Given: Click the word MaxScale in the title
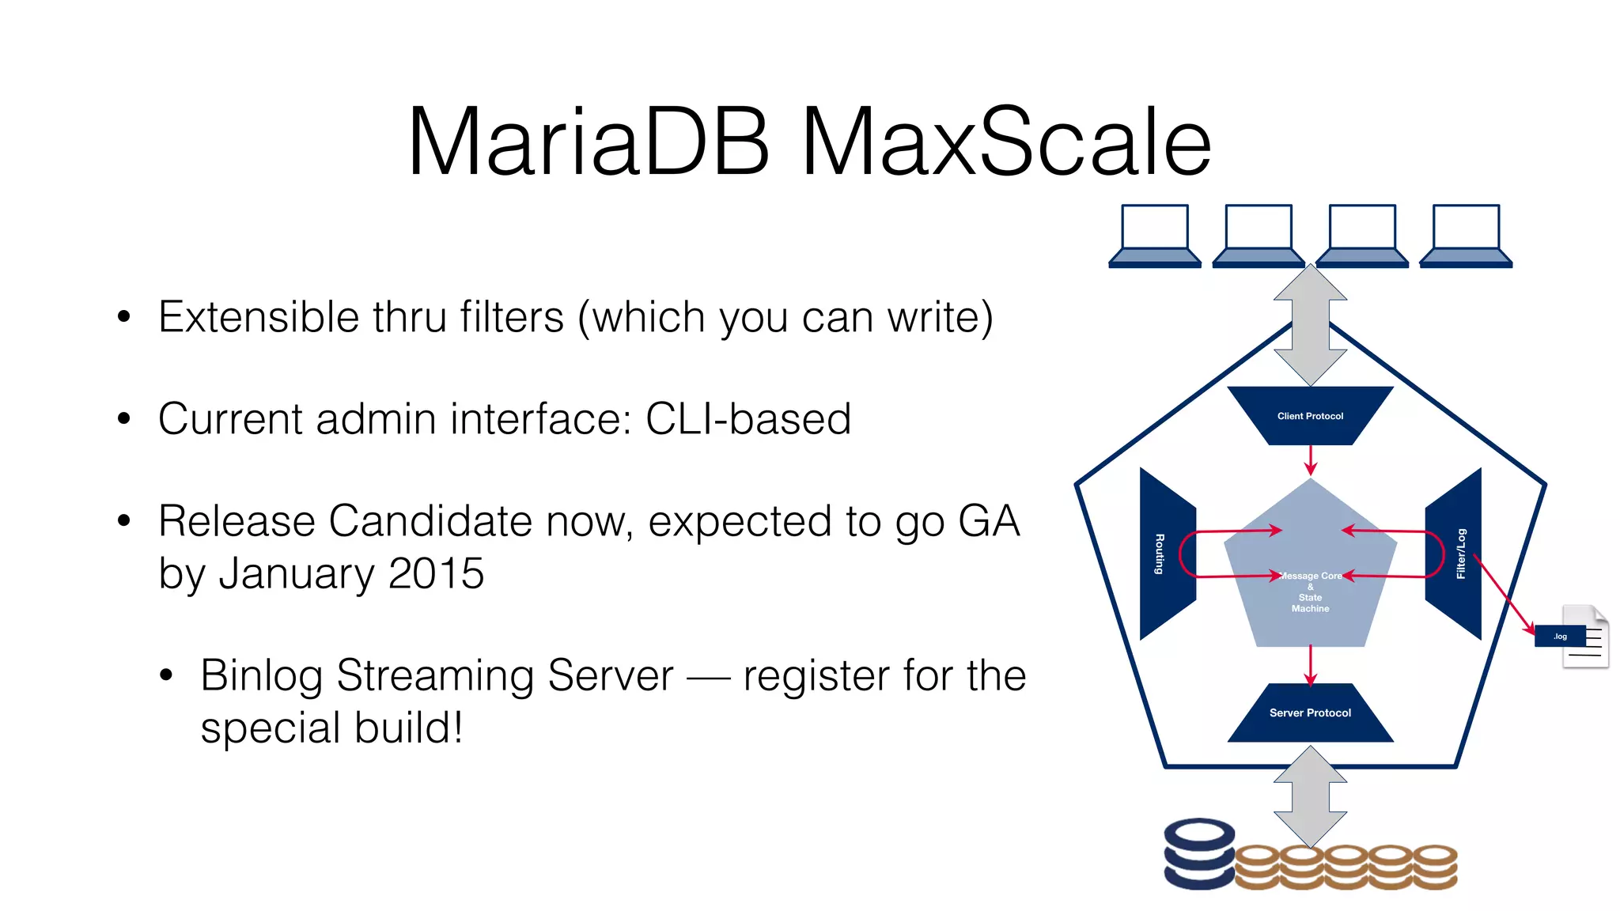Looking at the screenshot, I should (x=1006, y=142).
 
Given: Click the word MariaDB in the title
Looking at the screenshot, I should (x=588, y=142).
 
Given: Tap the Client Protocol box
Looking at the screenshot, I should (x=1310, y=415).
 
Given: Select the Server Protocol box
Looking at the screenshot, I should (x=1310, y=713).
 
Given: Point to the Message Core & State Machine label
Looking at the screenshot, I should (x=1310, y=592).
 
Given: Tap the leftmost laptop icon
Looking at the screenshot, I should (x=1155, y=236).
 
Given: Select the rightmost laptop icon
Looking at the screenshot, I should (x=1466, y=236).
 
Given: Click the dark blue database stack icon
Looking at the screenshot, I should (x=1198, y=854).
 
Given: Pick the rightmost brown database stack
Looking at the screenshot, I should (x=1435, y=867).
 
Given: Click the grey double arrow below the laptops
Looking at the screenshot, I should (x=1310, y=325).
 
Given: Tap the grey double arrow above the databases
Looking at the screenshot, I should (x=1310, y=796).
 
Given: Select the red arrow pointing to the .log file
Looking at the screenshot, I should (x=1503, y=593).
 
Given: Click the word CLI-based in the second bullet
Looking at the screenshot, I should (x=748, y=418).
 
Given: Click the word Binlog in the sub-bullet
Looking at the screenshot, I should (x=261, y=675).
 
